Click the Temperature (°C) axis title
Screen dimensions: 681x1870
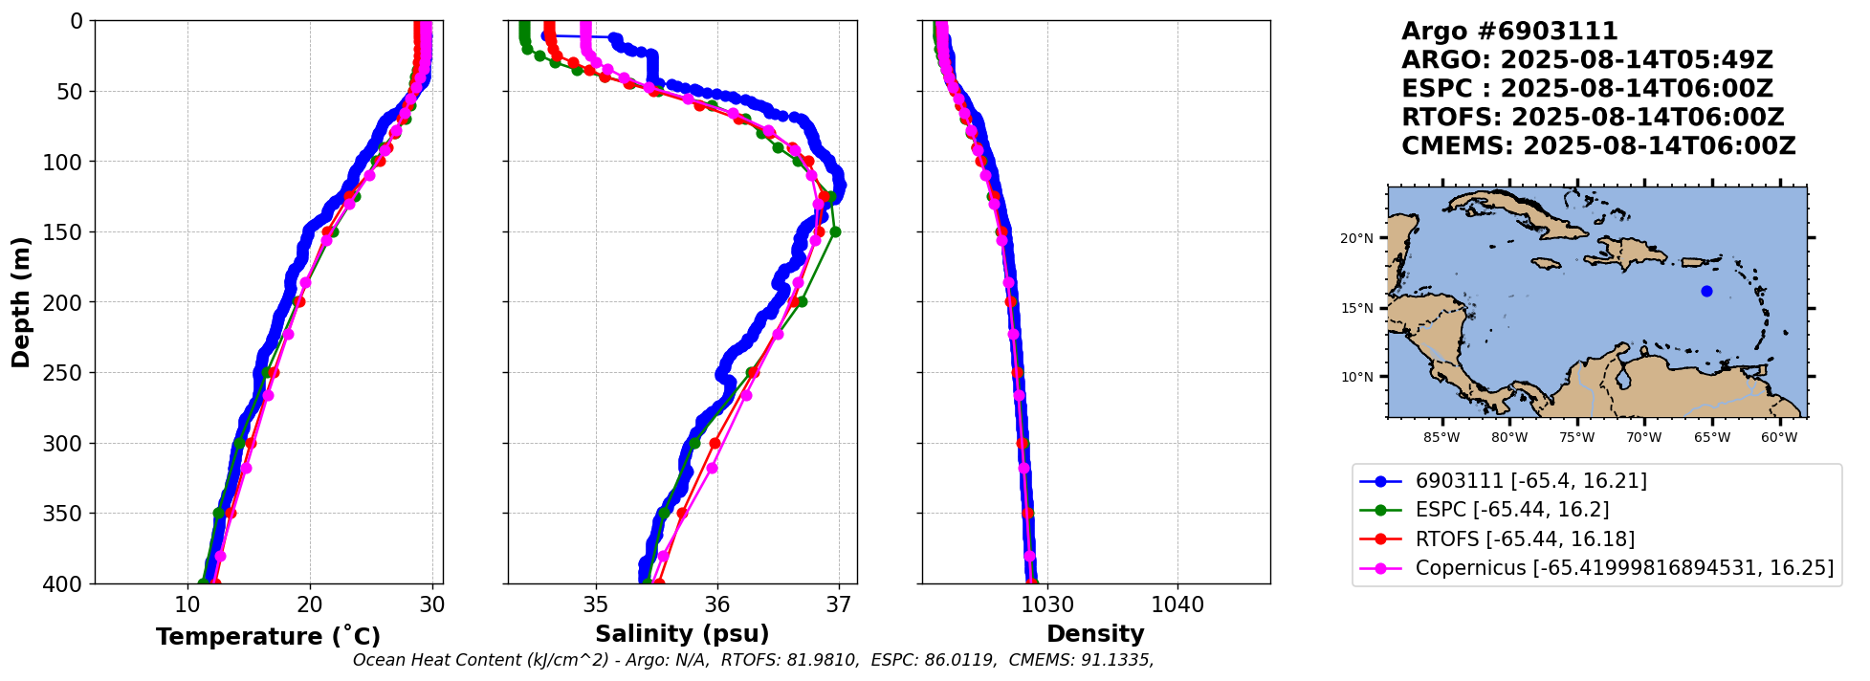coord(268,636)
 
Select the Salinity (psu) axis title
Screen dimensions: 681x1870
coord(682,634)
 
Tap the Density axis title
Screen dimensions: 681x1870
coord(1095,634)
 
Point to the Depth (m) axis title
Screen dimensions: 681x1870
coord(21,302)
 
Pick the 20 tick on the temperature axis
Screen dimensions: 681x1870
coord(309,604)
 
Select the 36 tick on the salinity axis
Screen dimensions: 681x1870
coord(717,604)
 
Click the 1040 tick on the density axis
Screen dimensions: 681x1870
coord(1177,604)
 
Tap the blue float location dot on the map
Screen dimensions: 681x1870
coord(1706,291)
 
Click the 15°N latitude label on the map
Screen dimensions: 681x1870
coord(1356,308)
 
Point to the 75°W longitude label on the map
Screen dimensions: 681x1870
coord(1576,438)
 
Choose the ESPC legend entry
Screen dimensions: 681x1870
coord(1512,510)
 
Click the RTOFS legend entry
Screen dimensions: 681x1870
coord(1525,539)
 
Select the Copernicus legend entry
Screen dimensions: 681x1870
coord(1624,568)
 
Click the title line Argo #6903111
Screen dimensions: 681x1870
coord(1509,32)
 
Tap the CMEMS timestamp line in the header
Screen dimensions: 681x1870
coord(1598,146)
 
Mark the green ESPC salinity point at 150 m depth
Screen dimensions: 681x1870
coord(835,231)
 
